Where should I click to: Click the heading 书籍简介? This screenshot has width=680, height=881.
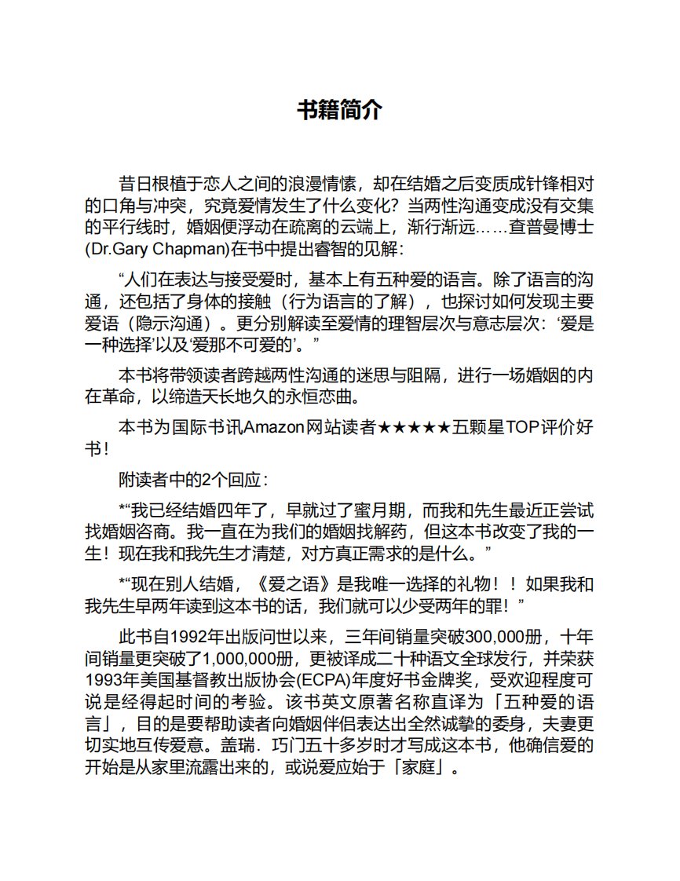[339, 111]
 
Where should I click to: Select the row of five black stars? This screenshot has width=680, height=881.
[414, 428]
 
